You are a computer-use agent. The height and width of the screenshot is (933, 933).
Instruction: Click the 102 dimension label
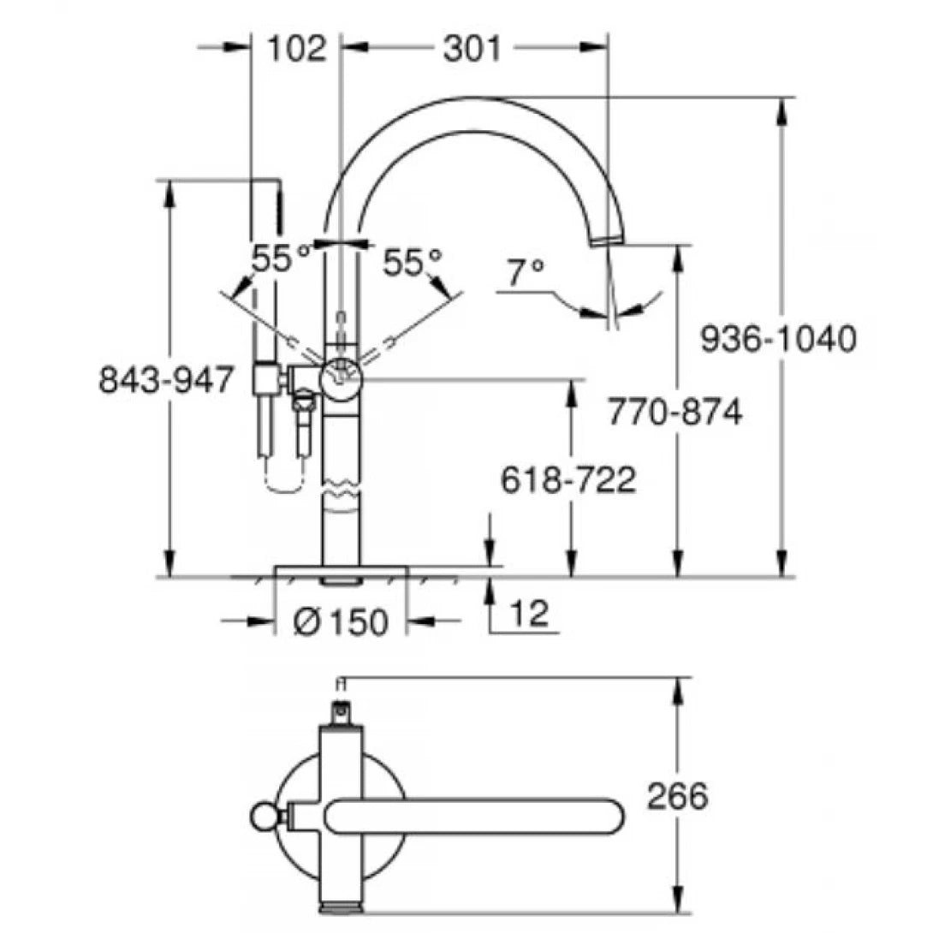coord(296,49)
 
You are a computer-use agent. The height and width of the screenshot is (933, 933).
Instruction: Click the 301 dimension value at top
coord(472,49)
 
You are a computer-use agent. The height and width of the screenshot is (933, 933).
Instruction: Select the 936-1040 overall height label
coord(777,340)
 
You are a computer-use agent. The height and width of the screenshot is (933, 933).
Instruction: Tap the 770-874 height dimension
coord(674,413)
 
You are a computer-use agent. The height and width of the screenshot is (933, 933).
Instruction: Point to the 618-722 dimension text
coord(568,480)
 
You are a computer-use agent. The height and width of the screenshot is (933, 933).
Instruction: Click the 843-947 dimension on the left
coord(167,379)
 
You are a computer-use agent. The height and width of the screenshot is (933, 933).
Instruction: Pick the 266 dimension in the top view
coord(677,797)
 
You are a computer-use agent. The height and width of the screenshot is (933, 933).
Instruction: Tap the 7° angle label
coord(525,273)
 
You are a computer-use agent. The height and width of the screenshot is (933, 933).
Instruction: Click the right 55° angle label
coord(412,262)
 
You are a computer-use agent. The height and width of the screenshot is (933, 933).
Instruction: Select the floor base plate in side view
coord(341,571)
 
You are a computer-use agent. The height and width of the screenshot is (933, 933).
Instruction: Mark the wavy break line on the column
coord(342,496)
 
